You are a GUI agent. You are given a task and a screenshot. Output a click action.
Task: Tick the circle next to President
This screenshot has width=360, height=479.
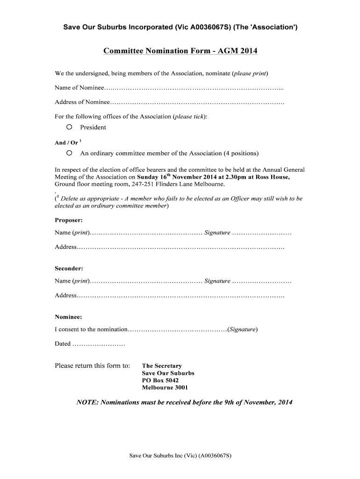point(69,127)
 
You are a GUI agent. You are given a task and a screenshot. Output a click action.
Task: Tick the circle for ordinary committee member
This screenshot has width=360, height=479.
point(69,153)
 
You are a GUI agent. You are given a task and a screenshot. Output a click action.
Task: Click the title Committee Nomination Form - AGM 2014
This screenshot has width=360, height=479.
point(180,51)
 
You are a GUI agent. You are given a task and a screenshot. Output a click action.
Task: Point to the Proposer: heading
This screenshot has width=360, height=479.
point(69,220)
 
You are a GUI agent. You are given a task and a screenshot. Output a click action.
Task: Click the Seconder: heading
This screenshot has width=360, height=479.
point(69,269)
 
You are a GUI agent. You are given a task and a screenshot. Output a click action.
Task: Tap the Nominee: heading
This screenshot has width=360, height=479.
point(68,317)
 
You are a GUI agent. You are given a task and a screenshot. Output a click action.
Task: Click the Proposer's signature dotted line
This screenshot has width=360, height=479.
point(262,233)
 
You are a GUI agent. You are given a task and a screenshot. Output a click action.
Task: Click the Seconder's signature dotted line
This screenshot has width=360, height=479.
point(262,282)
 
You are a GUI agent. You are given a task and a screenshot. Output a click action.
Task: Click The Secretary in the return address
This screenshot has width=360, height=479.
point(162,366)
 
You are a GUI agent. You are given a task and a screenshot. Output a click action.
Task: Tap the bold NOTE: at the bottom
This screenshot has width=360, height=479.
point(87,402)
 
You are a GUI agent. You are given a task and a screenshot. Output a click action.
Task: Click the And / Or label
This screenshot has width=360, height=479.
point(66,143)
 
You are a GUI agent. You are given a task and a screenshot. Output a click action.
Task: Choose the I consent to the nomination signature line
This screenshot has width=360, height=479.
point(178,330)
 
